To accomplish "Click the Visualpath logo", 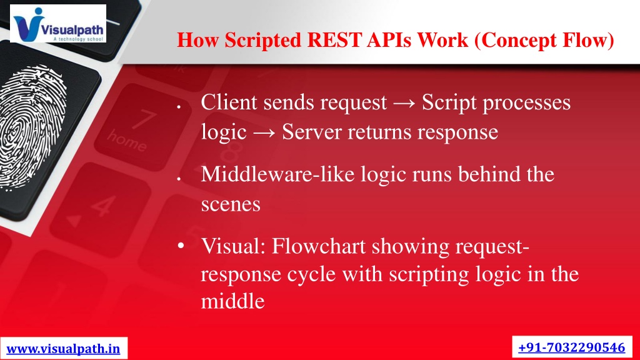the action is (58, 23).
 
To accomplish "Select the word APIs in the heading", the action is (389, 40).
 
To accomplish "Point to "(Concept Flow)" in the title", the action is (544, 41).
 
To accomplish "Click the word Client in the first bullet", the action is (229, 102).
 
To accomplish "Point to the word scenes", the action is (231, 204).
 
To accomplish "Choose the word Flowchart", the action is (318, 246).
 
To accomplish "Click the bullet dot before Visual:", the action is (181, 246).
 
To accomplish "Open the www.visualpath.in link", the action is (63, 349).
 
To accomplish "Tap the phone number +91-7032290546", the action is (571, 347).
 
